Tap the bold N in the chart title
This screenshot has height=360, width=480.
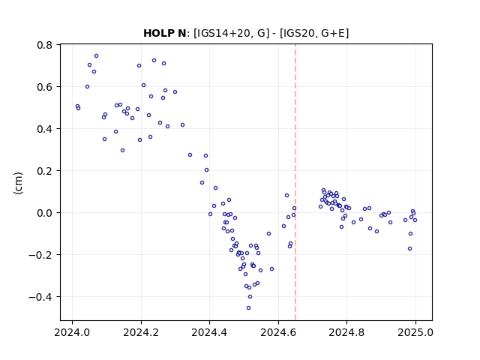click(182, 33)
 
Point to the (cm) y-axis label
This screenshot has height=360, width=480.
click(18, 183)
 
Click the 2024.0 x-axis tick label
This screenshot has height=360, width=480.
click(72, 332)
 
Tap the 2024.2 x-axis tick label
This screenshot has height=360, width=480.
click(141, 332)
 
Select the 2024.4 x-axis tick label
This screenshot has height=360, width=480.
click(210, 332)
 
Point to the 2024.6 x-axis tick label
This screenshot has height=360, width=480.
click(278, 332)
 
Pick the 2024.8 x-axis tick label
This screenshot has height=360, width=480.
click(346, 332)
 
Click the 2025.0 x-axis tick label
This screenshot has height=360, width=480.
click(415, 332)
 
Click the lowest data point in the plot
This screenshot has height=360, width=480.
click(248, 308)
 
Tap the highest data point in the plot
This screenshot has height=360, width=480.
click(97, 56)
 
